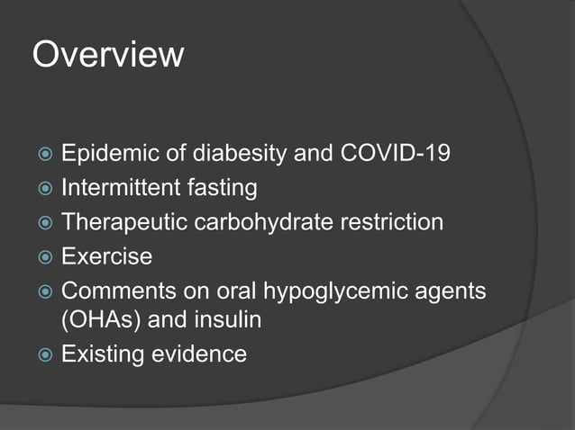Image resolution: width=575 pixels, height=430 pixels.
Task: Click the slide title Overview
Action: pyautogui.click(x=108, y=55)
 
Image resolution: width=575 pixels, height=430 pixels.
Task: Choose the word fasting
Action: pyautogui.click(x=221, y=188)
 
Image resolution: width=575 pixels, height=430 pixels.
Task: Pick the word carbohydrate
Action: pyautogui.click(x=258, y=221)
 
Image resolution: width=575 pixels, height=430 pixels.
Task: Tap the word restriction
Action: pyautogui.click(x=388, y=221)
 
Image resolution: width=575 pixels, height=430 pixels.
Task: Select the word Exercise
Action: pyautogui.click(x=106, y=255)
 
